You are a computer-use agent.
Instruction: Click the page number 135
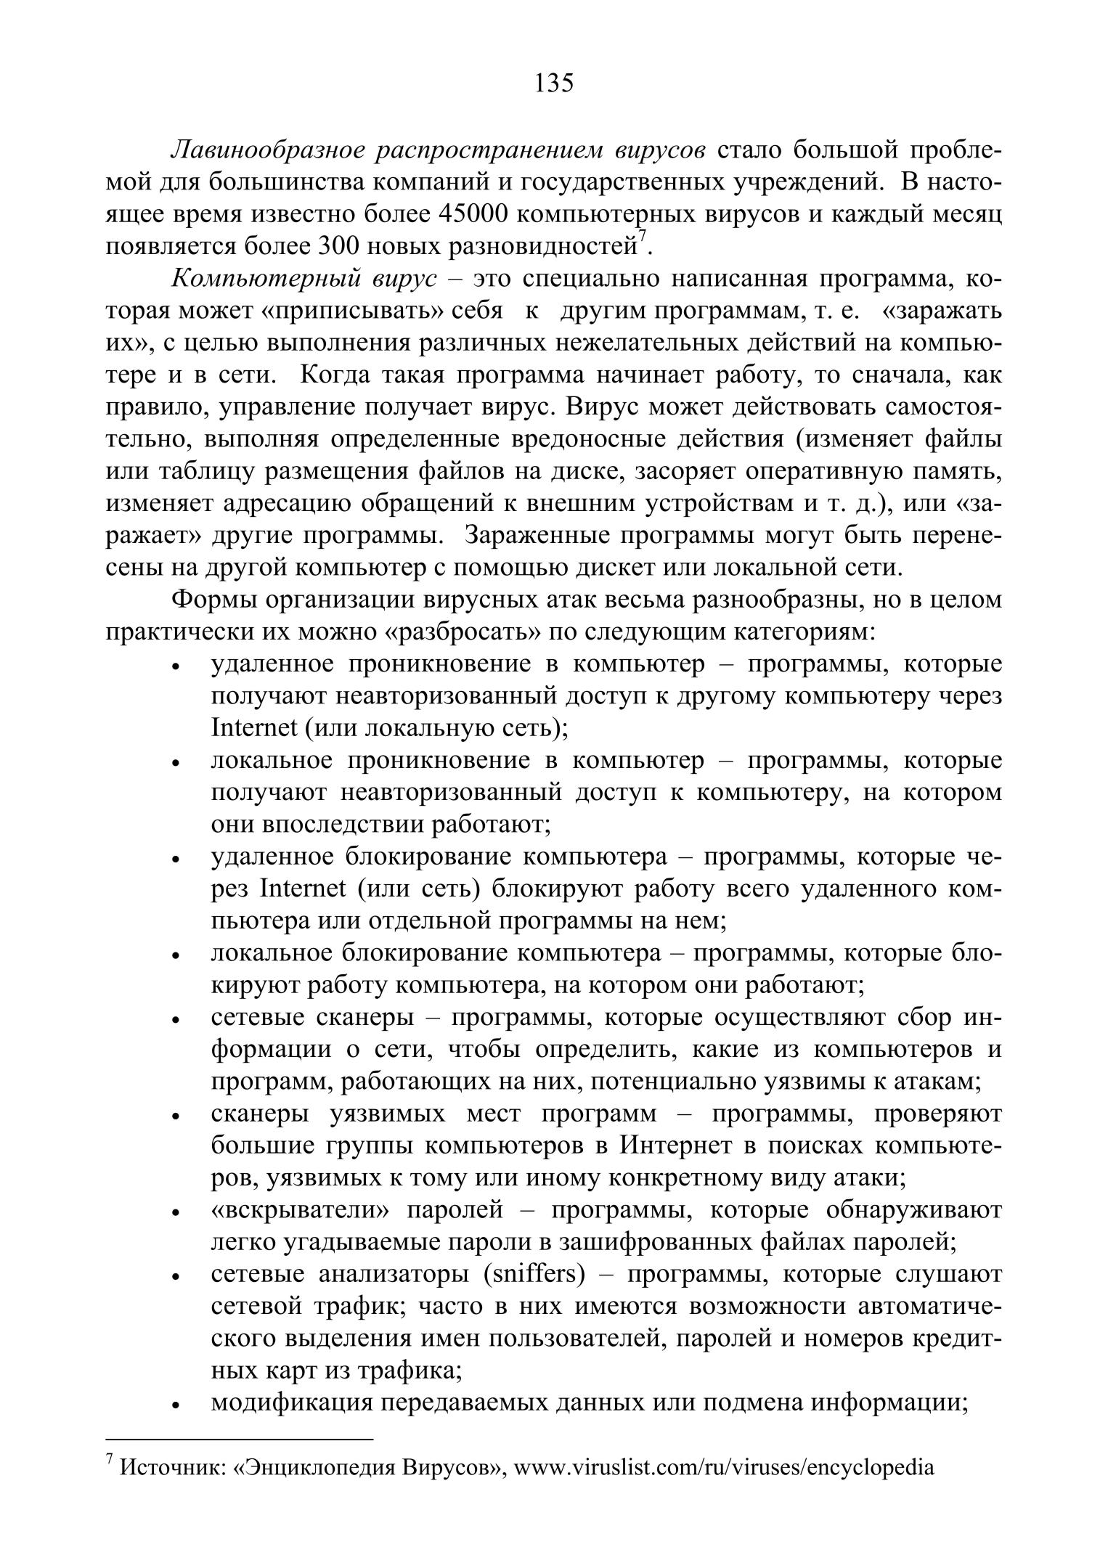pyautogui.click(x=554, y=83)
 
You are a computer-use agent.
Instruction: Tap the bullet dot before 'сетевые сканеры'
pyautogui.click(x=175, y=1021)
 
